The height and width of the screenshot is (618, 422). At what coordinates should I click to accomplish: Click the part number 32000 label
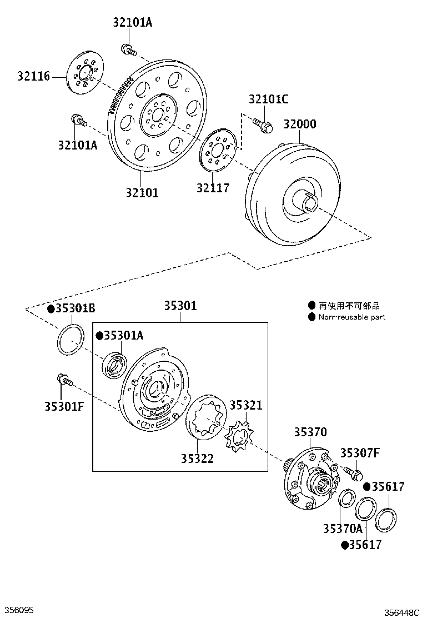(x=300, y=124)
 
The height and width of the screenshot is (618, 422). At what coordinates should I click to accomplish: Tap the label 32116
(x=33, y=76)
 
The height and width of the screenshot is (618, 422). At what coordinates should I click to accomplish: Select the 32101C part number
(x=269, y=99)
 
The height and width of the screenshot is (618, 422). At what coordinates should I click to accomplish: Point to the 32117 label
(x=213, y=188)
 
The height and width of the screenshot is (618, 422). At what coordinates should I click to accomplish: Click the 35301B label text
(x=75, y=308)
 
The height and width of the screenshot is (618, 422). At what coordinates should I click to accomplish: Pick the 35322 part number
(x=197, y=458)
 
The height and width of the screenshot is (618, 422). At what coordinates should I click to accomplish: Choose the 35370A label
(x=343, y=529)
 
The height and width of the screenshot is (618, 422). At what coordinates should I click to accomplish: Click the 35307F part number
(x=360, y=453)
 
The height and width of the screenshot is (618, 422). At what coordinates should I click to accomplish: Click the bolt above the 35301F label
(x=64, y=379)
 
